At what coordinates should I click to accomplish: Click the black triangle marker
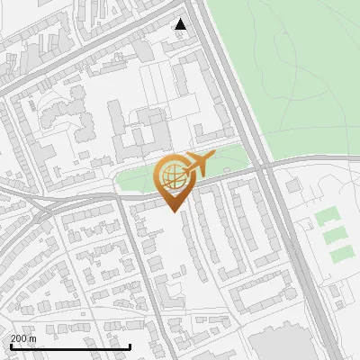[181, 24]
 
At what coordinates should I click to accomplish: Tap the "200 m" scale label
[23, 338]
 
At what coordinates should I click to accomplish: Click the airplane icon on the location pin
[199, 164]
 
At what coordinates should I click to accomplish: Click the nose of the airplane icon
[213, 154]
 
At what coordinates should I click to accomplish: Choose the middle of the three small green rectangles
[334, 235]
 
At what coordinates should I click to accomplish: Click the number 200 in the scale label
[19, 338]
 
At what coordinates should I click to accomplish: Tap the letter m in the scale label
[32, 338]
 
